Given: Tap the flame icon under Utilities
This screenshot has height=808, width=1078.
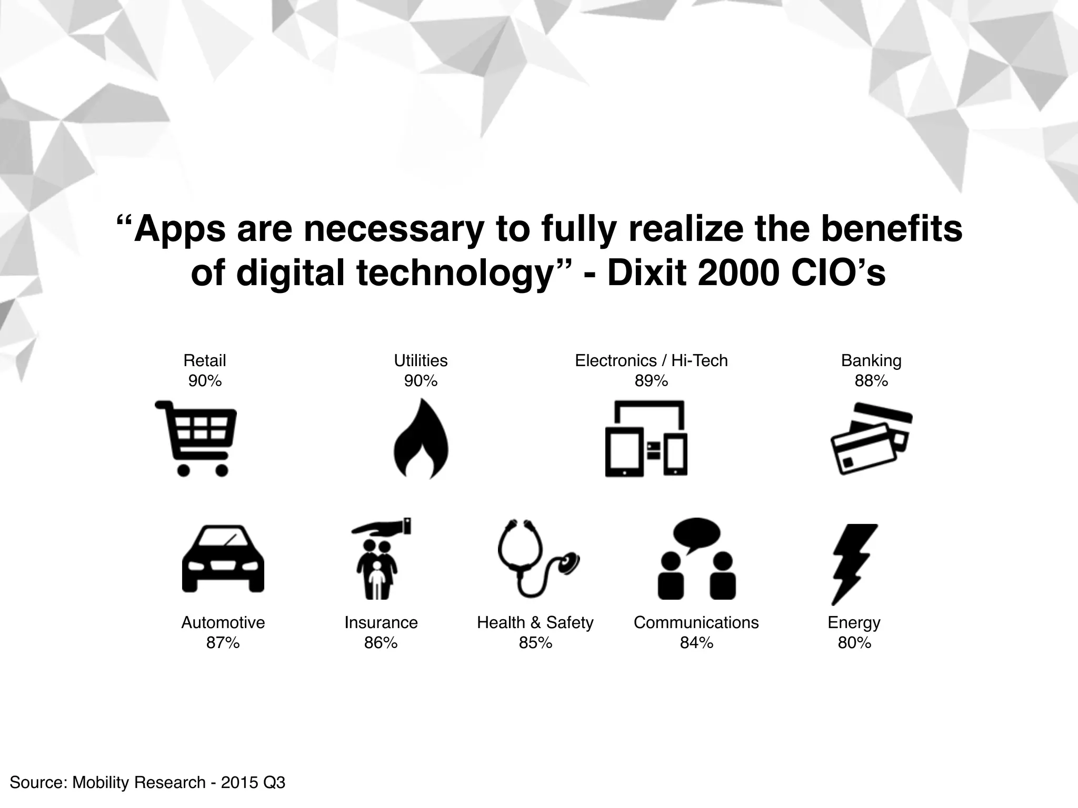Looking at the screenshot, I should point(421,440).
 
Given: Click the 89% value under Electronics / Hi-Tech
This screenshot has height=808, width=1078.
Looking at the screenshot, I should point(651,381).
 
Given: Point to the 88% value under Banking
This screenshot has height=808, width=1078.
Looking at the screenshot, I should point(871,381).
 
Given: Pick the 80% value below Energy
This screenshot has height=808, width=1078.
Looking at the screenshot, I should point(854,643).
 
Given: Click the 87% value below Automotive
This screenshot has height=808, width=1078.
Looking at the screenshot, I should point(223,643).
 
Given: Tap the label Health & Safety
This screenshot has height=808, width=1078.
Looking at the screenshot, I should point(535,622).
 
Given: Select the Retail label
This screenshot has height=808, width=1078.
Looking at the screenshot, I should point(205,360).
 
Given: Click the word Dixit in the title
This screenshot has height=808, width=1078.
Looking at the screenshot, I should point(647,273).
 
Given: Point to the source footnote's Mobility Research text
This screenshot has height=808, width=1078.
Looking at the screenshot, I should point(139,782).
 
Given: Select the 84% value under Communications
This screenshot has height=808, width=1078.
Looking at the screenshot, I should point(696,643).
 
